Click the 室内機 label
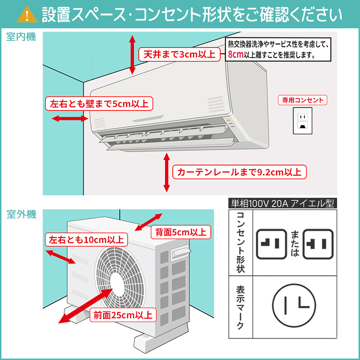point(21,37)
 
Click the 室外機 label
point(21,215)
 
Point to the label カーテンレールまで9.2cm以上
point(240,172)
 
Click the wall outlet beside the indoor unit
point(302,120)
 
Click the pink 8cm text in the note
point(236,55)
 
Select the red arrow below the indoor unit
point(167,172)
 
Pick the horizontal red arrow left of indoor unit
point(62,118)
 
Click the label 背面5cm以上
point(180,233)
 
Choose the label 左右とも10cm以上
point(86,240)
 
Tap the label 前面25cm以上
point(123,315)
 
